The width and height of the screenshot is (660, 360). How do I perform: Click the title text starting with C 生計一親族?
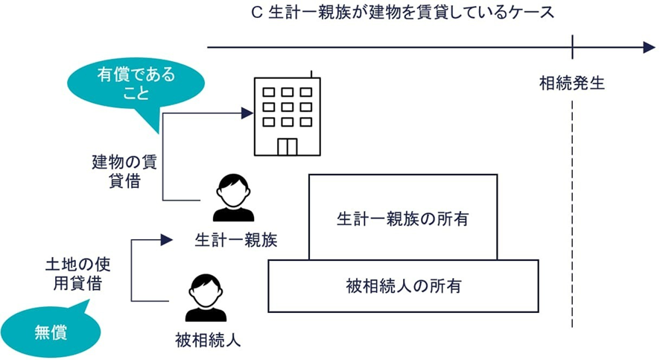403,13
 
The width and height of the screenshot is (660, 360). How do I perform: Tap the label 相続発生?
572,83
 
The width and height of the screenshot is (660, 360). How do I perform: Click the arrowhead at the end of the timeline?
647,48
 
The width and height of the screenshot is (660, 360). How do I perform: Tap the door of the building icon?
287,145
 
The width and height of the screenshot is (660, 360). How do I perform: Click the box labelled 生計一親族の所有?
403,218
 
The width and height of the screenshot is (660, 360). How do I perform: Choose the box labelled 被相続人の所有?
403,285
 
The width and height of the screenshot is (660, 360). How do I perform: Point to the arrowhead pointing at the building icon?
248,113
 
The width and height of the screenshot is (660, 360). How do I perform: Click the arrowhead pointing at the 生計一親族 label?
166,240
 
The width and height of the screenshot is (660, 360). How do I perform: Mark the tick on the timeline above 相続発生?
572,48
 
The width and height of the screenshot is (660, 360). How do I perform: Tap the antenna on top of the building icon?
311,75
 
